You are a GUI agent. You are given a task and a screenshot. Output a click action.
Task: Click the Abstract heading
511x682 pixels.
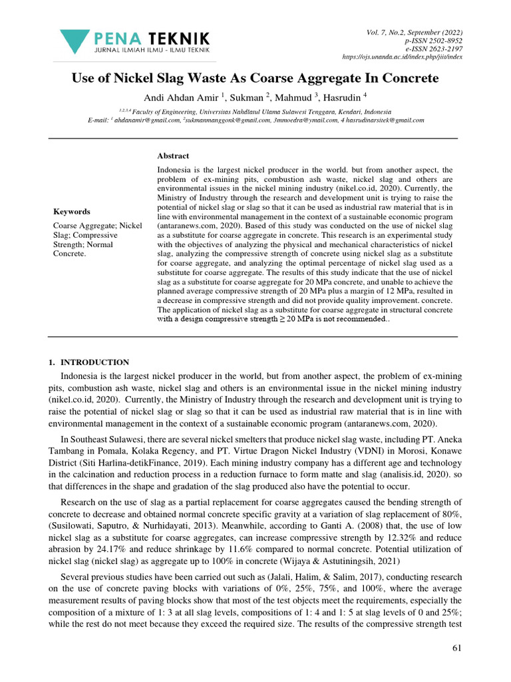(x=173, y=156)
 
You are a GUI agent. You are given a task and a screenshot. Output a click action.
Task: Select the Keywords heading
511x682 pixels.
(x=72, y=212)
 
